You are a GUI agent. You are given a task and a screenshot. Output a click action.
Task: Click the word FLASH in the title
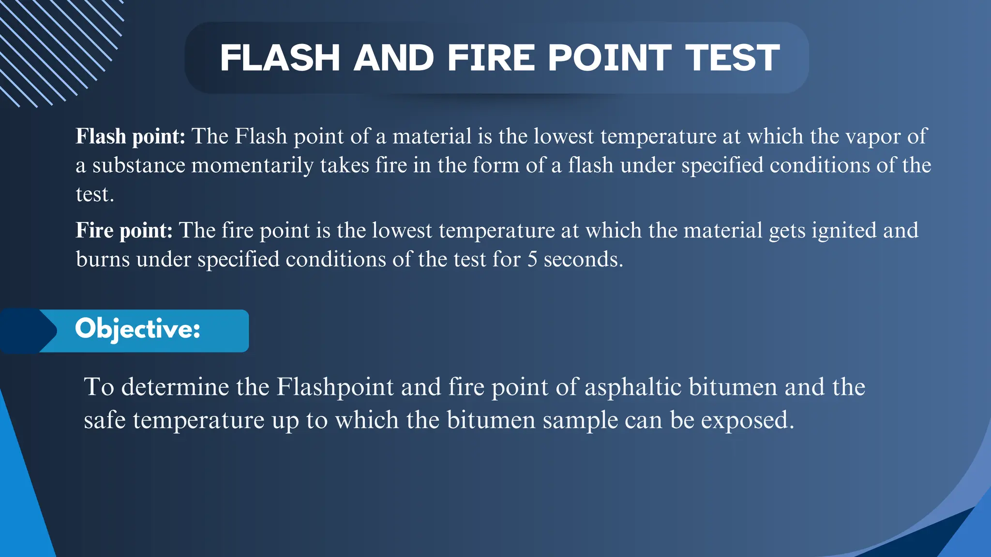click(x=280, y=58)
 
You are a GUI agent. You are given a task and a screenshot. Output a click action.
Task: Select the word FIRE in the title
click(x=491, y=58)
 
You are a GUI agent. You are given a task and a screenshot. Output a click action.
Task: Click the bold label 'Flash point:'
click(x=130, y=136)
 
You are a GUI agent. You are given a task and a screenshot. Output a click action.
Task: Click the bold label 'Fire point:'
click(x=124, y=230)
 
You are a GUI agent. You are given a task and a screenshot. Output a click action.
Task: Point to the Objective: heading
click(x=137, y=330)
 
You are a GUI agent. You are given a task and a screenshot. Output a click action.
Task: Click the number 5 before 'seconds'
click(x=532, y=260)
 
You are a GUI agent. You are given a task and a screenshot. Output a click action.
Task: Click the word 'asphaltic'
click(x=633, y=387)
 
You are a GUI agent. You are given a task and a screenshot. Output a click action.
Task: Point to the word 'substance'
click(x=139, y=165)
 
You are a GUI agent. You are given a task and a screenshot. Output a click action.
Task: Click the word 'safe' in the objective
click(x=105, y=420)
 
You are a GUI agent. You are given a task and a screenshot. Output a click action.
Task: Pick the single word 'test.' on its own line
click(x=95, y=194)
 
